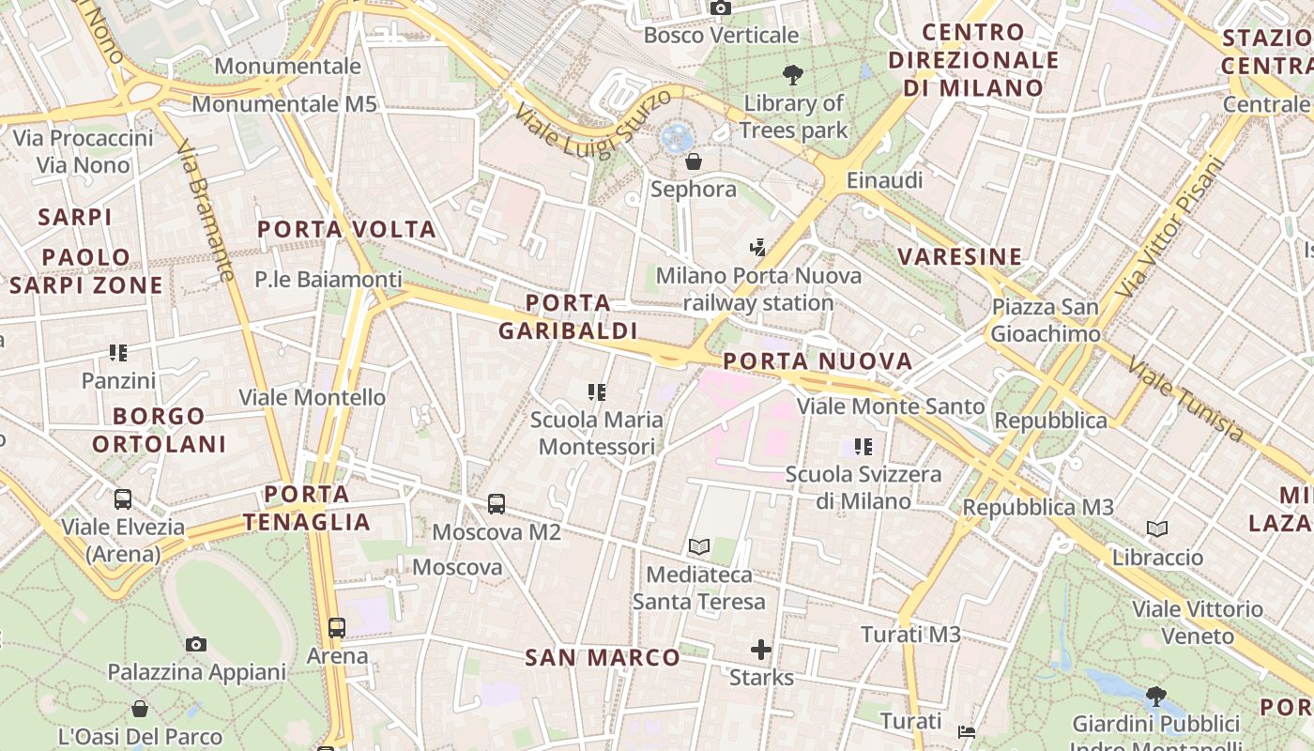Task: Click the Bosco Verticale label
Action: pos(721,36)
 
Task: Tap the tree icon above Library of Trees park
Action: pos(793,75)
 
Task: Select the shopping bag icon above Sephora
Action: pos(694,161)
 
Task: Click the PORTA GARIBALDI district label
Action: pos(568,316)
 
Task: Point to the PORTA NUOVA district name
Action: pos(817,361)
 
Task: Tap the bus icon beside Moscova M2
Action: pos(497,504)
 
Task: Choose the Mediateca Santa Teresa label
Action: pos(698,588)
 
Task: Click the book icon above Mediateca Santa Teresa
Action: pos(698,546)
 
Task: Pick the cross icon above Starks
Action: pos(761,650)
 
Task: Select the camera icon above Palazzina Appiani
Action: pos(196,644)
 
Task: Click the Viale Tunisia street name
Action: pos(1186,399)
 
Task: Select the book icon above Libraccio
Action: pos(1157,529)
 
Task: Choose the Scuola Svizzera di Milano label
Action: pos(863,487)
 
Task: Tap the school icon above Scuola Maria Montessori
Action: pos(597,391)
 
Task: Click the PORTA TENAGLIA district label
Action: pos(306,508)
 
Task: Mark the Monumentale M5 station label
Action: pos(283,104)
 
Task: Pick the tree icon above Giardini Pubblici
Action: pos(1156,697)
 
